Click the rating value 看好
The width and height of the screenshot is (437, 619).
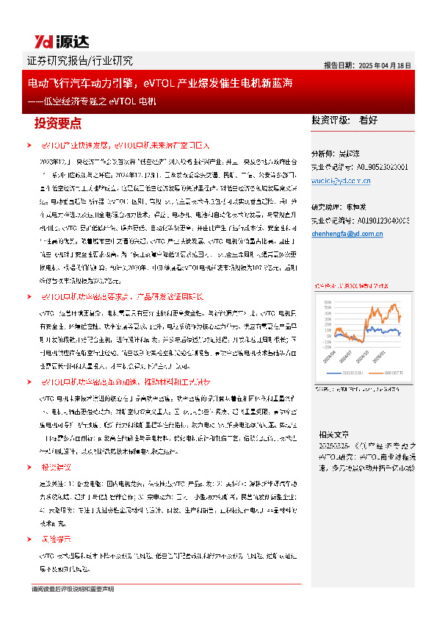369,119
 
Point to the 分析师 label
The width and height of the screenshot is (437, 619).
325,154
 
